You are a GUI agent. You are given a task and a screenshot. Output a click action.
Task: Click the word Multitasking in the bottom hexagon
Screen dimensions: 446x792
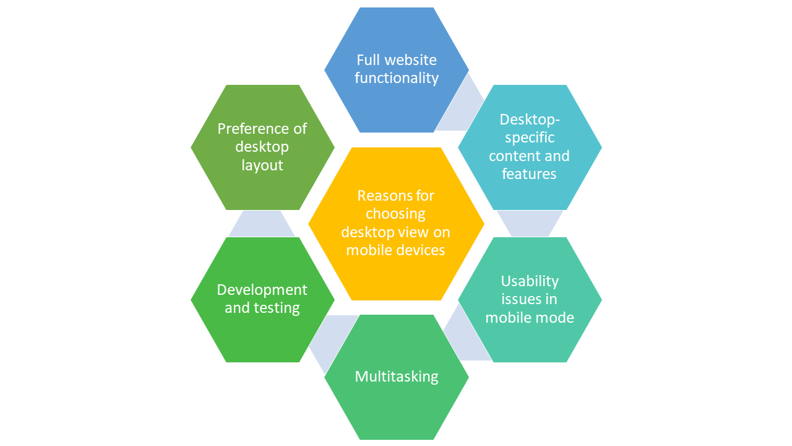pyautogui.click(x=396, y=377)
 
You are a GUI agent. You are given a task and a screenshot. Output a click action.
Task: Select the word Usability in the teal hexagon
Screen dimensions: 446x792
pyautogui.click(x=530, y=281)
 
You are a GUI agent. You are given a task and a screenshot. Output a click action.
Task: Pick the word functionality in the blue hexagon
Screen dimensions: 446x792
pyautogui.click(x=397, y=79)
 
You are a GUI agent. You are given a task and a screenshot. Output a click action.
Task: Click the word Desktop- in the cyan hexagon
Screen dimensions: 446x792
pyautogui.click(x=530, y=119)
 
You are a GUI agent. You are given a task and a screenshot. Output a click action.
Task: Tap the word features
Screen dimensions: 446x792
pyautogui.click(x=530, y=174)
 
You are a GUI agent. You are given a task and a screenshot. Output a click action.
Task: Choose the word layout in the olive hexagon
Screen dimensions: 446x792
pyautogui.click(x=262, y=165)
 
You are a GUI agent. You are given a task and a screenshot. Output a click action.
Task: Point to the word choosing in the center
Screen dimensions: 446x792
pyautogui.click(x=396, y=214)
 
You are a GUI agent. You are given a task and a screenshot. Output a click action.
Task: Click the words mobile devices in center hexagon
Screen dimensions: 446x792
pyautogui.click(x=396, y=250)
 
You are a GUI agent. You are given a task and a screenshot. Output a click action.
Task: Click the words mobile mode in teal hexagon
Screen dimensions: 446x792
pyautogui.click(x=530, y=318)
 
